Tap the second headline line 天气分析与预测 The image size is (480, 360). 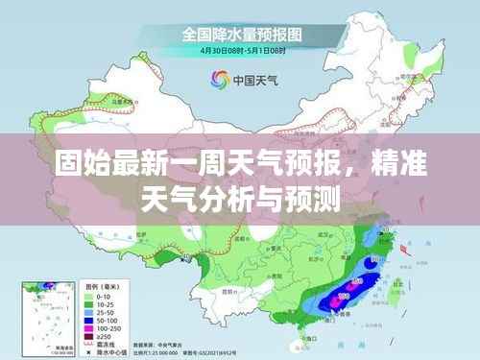click(240, 199)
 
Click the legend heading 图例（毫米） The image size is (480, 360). click(104, 287)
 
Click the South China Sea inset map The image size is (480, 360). click(49, 317)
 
